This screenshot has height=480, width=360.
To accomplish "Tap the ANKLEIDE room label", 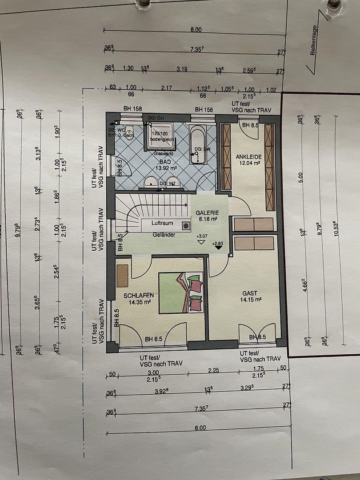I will click(x=248, y=157).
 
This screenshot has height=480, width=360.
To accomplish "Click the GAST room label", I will click(x=250, y=293).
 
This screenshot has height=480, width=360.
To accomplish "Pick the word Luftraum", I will click(x=162, y=223).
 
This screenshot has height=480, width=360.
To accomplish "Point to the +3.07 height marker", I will click(x=202, y=236).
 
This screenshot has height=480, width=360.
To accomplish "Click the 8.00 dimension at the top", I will click(x=196, y=30).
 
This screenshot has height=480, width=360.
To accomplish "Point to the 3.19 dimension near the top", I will click(x=181, y=69).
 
